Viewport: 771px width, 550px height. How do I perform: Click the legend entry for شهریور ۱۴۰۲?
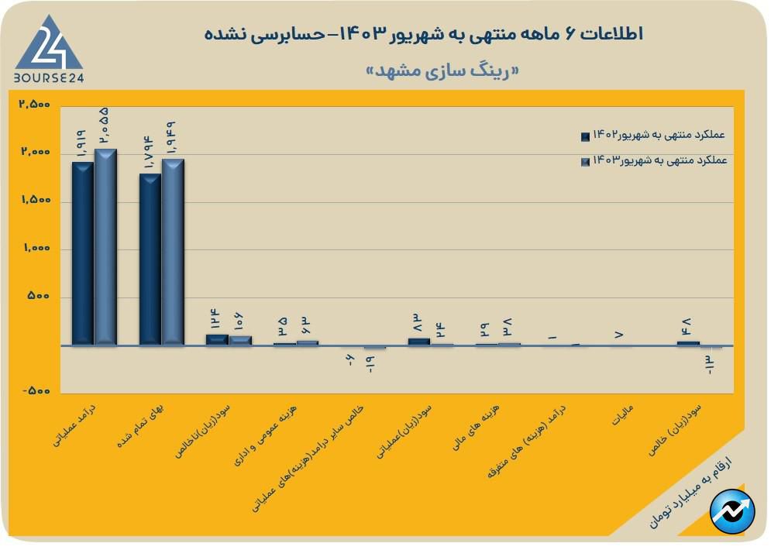pos(656,135)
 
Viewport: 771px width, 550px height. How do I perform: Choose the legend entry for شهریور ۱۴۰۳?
pos(656,160)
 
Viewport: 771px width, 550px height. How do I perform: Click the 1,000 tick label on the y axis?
pos(35,249)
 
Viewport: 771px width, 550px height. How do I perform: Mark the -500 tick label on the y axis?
pos(35,392)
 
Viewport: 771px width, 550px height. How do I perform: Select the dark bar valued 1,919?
pos(82,253)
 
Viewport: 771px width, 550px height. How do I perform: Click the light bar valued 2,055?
pos(105,247)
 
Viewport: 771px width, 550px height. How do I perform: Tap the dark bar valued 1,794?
pos(150,260)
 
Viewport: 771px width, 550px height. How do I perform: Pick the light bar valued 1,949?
pos(173,252)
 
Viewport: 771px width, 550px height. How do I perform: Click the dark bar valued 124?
pos(217,339)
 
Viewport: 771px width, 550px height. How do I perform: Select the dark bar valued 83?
pos(418,341)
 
